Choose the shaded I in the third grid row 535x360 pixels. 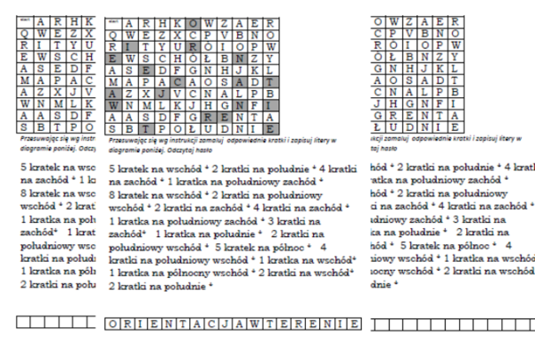[128, 45]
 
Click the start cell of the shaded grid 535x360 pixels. [112, 22]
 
